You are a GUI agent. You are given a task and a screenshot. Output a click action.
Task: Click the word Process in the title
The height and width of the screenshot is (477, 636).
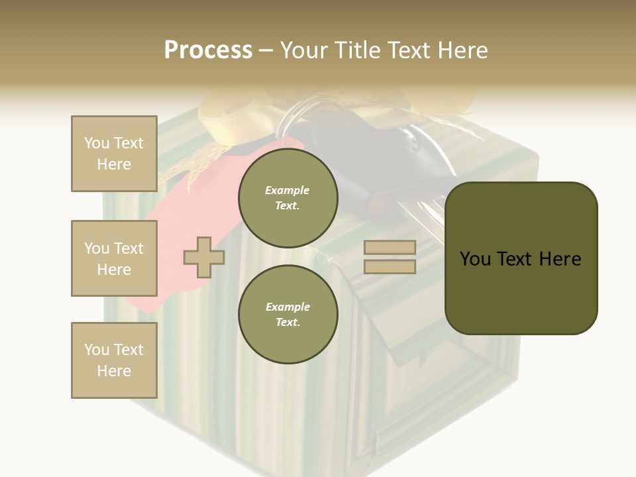[208, 50]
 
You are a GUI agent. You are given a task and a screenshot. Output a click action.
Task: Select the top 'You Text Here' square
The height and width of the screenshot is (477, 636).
[114, 154]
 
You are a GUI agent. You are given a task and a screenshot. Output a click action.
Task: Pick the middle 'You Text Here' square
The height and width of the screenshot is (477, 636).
[114, 258]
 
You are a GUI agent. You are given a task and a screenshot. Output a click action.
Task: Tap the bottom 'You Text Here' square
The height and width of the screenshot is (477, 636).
[114, 360]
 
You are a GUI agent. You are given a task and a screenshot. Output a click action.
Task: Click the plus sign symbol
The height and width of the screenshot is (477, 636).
[204, 257]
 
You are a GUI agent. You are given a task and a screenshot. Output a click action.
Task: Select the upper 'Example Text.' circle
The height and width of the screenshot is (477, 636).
[288, 197]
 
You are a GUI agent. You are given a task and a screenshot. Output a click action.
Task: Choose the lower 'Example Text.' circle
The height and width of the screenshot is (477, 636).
[288, 314]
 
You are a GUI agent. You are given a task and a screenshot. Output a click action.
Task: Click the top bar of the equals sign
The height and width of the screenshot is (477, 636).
[390, 247]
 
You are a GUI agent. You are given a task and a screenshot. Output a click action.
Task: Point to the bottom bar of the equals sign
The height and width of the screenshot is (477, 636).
[390, 266]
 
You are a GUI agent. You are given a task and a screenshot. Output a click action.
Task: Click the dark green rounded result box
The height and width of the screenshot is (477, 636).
[521, 258]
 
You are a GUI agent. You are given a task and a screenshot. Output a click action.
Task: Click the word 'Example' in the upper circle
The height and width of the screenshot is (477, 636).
[287, 190]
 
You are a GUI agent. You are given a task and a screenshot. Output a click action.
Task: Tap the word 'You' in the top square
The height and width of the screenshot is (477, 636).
[97, 143]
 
